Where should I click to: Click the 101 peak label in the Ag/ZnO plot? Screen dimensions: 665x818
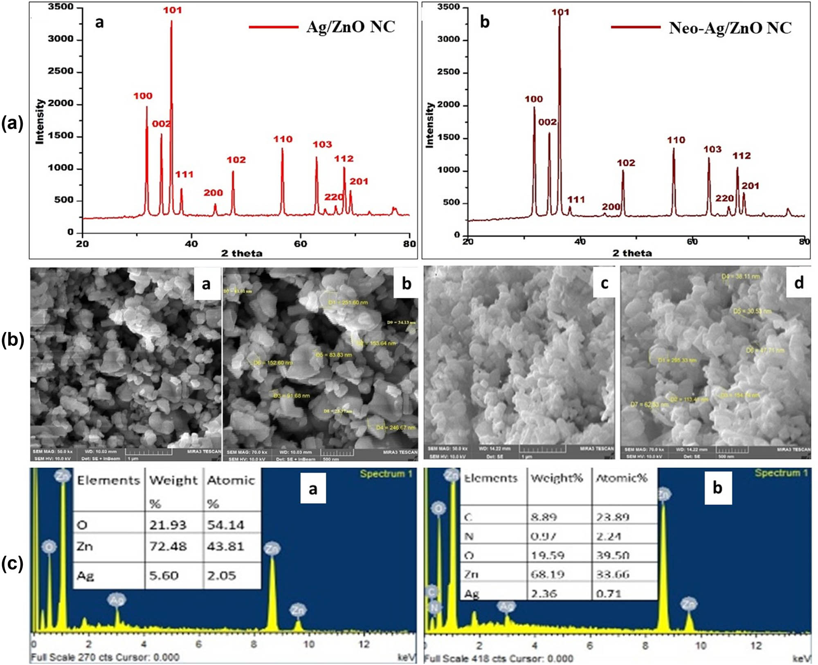[x=172, y=10]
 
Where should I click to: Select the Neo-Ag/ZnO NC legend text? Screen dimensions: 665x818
[x=730, y=28]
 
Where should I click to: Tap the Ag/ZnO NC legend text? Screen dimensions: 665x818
[x=351, y=27]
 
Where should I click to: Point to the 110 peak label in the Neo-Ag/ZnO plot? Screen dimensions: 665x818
[x=676, y=140]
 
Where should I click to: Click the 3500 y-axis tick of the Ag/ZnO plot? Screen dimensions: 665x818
[x=61, y=7]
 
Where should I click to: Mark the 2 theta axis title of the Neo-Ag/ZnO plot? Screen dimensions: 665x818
[x=632, y=254]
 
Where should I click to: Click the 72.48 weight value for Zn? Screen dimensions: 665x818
[x=168, y=546]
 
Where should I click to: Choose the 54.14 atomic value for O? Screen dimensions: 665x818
[x=225, y=525]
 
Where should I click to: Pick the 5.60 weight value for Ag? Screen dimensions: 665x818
[x=164, y=576]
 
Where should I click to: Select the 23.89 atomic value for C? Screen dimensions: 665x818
[x=612, y=517]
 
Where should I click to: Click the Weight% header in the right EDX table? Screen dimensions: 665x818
[x=557, y=478]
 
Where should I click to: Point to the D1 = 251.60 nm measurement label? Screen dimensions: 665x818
[x=348, y=303]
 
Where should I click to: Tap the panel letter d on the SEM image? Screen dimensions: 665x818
[x=798, y=283]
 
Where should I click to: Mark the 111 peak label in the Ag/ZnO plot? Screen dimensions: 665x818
[x=184, y=175]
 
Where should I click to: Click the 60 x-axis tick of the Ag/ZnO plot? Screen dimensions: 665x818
[x=300, y=244]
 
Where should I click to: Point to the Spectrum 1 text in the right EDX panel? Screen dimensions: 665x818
[x=781, y=473]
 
